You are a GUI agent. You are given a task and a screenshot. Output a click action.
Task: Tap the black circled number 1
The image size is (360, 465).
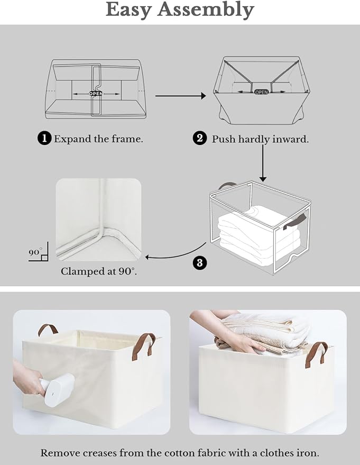[44, 139]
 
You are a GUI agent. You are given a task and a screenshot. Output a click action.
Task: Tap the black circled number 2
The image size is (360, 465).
[199, 139]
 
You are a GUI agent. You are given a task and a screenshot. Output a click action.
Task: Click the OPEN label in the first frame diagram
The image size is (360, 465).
[96, 94]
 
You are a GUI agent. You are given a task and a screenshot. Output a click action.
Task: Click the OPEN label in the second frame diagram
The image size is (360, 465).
[261, 92]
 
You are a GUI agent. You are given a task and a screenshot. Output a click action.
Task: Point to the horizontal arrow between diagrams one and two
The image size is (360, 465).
[180, 96]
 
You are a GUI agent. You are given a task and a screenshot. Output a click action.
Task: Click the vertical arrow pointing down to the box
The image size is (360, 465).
[263, 163]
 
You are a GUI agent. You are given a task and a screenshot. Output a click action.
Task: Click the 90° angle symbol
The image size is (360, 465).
[38, 253]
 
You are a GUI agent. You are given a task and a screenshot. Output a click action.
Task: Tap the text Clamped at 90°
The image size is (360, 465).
[98, 271]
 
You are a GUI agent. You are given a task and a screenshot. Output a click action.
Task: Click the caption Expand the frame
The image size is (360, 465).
[98, 139]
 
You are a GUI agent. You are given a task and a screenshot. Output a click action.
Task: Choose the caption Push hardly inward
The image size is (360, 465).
[260, 139]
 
